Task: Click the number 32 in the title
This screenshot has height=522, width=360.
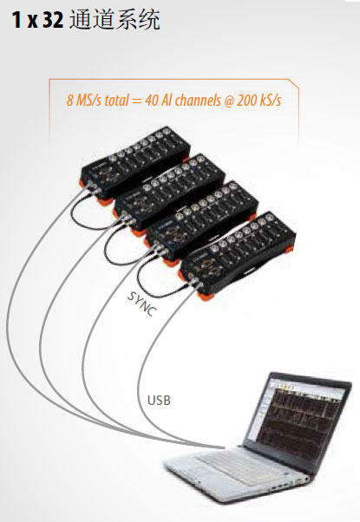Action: point(52,20)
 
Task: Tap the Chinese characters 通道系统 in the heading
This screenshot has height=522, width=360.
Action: point(115,20)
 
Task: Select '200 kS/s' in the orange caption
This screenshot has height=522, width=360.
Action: point(259,100)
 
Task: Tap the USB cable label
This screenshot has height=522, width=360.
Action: point(159,400)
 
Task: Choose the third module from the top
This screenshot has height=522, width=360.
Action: point(202,219)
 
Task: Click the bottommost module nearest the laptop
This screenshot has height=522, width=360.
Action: point(237,252)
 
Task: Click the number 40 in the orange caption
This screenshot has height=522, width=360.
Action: point(152,100)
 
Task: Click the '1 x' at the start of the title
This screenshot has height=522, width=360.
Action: point(24,20)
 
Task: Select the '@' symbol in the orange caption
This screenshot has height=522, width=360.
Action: point(228,101)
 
